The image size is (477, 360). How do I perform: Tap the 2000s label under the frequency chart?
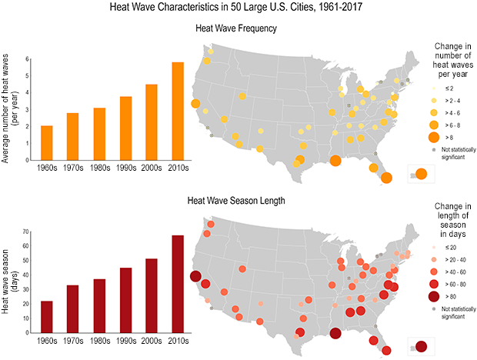(152, 162)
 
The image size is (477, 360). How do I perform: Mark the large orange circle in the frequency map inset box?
(422, 175)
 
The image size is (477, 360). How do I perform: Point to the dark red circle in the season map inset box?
(422, 347)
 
